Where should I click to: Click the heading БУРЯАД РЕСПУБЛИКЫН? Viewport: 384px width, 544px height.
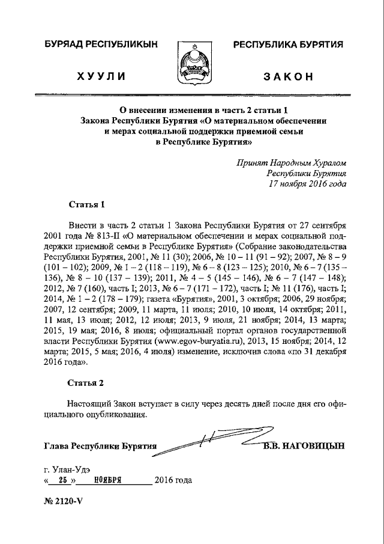click(x=100, y=44)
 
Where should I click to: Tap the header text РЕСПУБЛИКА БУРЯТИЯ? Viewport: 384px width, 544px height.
click(x=289, y=44)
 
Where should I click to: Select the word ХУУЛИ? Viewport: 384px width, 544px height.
click(x=100, y=76)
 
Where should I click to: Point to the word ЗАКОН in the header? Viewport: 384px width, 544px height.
click(x=289, y=76)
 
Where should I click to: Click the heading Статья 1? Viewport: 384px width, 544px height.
click(x=86, y=206)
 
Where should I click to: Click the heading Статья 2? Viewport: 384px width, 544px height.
click(x=86, y=382)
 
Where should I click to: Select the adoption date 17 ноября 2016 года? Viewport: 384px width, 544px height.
click(x=308, y=184)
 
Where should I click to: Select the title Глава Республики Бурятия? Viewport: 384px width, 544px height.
click(x=100, y=447)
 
